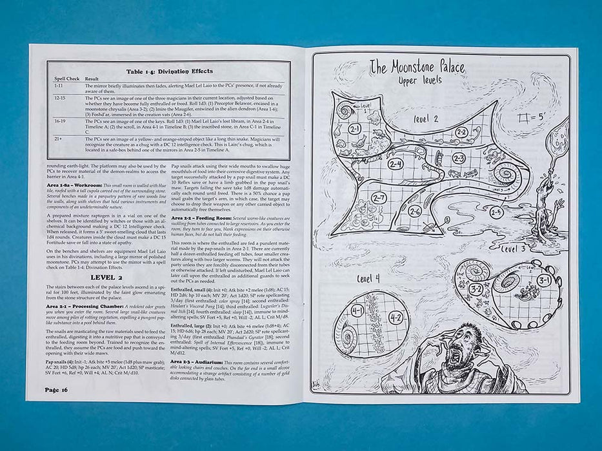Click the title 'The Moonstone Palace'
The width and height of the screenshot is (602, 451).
click(426, 66)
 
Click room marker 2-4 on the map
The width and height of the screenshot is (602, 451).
click(396, 164)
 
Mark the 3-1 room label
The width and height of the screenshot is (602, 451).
click(542, 280)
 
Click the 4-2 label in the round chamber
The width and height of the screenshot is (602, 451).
click(396, 317)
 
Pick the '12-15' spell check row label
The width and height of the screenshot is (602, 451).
click(60, 97)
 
